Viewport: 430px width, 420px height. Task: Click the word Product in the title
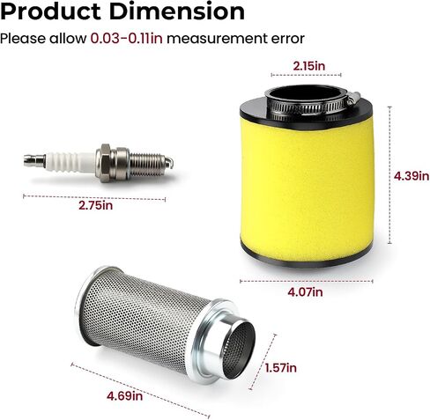pos(52,12)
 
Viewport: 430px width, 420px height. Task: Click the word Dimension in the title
pos(177,12)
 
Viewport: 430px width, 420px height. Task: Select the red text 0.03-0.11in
pos(127,39)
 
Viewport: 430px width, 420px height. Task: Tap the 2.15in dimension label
pos(309,66)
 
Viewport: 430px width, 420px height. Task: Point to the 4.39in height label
pos(411,176)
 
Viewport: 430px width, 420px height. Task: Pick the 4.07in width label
pos(305,291)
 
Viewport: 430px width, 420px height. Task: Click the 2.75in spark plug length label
pos(95,205)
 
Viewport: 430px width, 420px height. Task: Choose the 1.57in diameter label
pos(280,368)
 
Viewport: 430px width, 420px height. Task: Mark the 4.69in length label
pos(124,396)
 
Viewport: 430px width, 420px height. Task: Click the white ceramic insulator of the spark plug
pos(70,162)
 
